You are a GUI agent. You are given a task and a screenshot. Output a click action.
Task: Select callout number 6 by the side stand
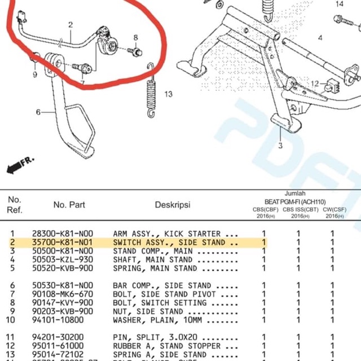pyautogui.click(x=38, y=112)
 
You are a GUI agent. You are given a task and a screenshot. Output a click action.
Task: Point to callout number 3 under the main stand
pyautogui.click(x=280, y=146)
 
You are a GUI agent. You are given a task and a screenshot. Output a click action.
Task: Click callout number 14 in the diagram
pyautogui.click(x=340, y=5)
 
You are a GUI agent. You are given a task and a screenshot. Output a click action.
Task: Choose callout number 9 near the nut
pyautogui.click(x=34, y=74)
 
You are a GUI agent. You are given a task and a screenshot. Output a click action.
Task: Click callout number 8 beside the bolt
pyautogui.click(x=135, y=38)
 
